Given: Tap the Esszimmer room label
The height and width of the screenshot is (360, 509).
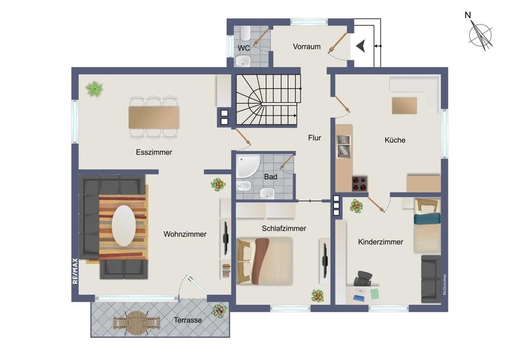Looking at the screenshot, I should pyautogui.click(x=154, y=152).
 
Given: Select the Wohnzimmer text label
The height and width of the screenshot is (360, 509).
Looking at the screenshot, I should pyautogui.click(x=185, y=234).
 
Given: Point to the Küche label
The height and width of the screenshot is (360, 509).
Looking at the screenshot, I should pyautogui.click(x=395, y=140).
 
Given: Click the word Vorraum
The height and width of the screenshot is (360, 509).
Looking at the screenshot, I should pyautogui.click(x=307, y=46).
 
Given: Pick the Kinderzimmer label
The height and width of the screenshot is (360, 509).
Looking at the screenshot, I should pyautogui.click(x=380, y=242).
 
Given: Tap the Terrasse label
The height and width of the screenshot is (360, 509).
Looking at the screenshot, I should pyautogui.click(x=188, y=320).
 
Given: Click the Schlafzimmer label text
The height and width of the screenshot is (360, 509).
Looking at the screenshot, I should pyautogui.click(x=284, y=228).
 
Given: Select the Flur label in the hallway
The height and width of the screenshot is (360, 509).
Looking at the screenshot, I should pyautogui.click(x=314, y=138).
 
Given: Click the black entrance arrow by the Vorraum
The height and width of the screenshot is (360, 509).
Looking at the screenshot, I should pyautogui.click(x=361, y=46).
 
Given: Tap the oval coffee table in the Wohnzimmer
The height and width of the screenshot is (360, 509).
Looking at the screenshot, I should pyautogui.click(x=123, y=225).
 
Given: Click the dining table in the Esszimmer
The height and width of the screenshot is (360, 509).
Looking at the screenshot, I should pyautogui.click(x=154, y=117).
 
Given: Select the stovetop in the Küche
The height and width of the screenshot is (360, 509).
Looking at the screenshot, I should pyautogui.click(x=360, y=182).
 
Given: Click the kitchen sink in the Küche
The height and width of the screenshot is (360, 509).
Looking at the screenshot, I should pyautogui.click(x=343, y=147).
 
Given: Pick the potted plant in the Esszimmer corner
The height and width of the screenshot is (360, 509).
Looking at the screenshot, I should pyautogui.click(x=95, y=88).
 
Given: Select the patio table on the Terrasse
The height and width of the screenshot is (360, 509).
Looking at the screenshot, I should pyautogui.click(x=137, y=324).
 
